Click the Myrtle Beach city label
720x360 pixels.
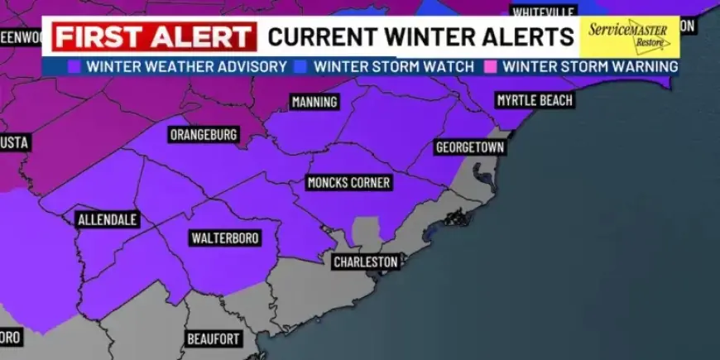pos(534,100)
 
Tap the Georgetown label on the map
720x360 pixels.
pos(469,147)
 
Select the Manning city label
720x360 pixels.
pos(314,103)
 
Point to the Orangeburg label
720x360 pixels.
pos(204,134)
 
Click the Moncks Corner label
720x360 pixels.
pos(348,182)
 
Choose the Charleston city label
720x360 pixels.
pos(366,262)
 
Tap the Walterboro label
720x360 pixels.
pos(225,238)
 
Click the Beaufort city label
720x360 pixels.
pos(214,338)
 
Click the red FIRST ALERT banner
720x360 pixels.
pos(154,37)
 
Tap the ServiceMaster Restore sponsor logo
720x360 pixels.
pos(627,37)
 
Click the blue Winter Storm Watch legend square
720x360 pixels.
pos(301,66)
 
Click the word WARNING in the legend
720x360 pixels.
pos(641,66)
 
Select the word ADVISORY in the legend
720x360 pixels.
pos(248,66)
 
